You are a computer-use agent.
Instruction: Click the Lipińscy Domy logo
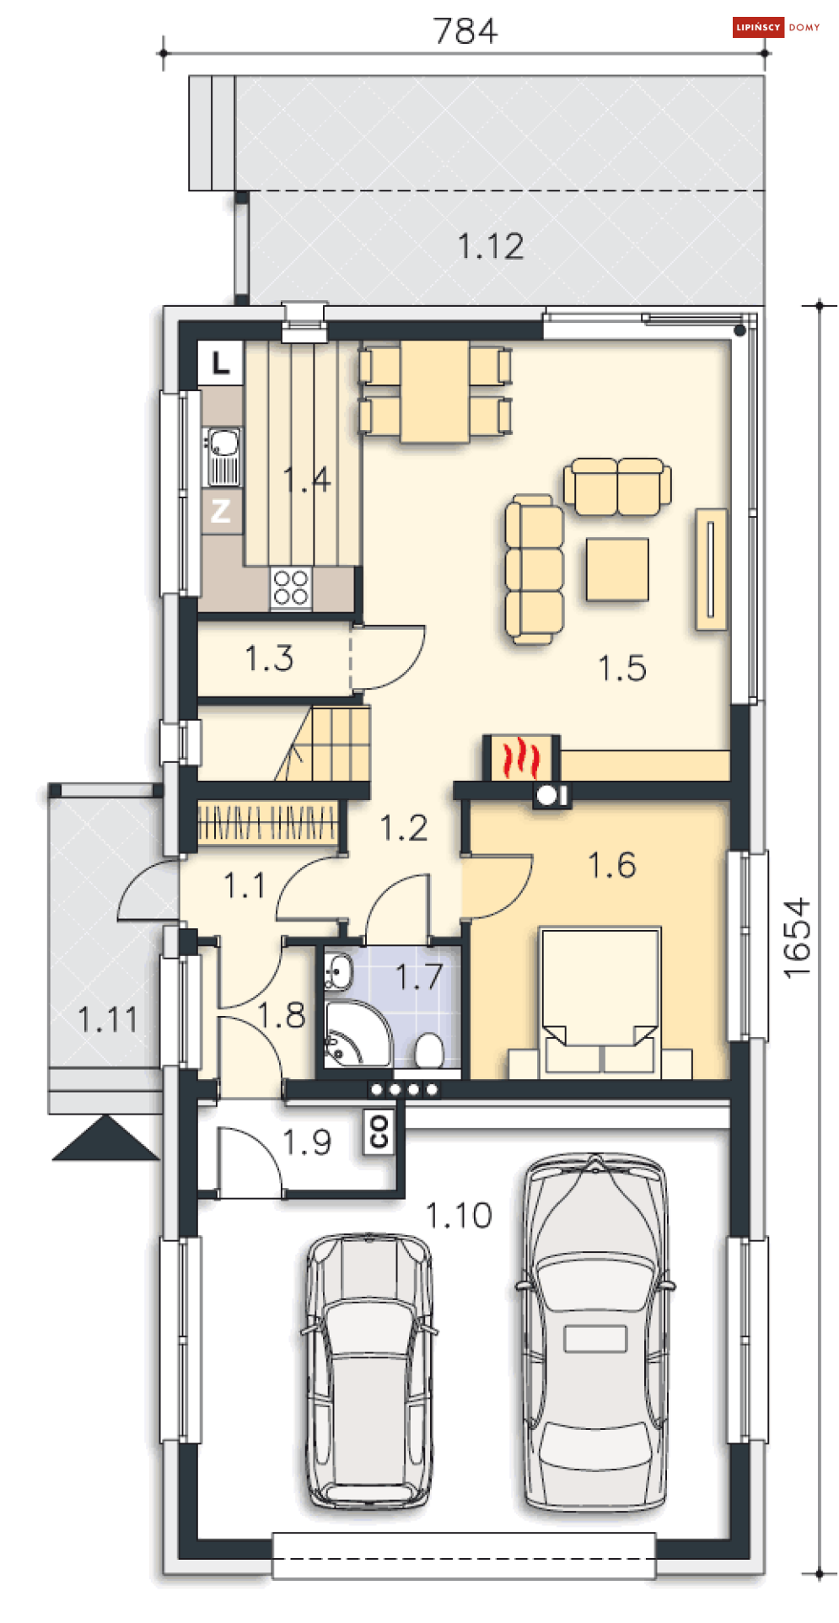coord(777,27)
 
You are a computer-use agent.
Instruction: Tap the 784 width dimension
coord(465,31)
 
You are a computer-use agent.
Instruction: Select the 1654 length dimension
coord(797,938)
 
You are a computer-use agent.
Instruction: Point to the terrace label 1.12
coord(491,246)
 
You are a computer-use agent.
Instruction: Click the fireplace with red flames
coord(521,757)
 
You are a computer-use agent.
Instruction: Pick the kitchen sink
coord(223,456)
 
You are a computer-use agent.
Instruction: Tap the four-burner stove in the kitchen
coord(291,588)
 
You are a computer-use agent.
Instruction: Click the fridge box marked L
coord(221,363)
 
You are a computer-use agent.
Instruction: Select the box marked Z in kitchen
coord(221,511)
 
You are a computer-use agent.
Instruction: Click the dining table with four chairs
coord(435,391)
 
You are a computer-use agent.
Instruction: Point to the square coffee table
coord(618,569)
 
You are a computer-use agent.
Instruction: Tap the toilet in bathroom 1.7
coord(429,1051)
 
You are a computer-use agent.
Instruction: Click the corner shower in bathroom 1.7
coord(357,1034)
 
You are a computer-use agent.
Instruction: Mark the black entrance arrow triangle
coord(105,1138)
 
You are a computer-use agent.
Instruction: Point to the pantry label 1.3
coord(269,658)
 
